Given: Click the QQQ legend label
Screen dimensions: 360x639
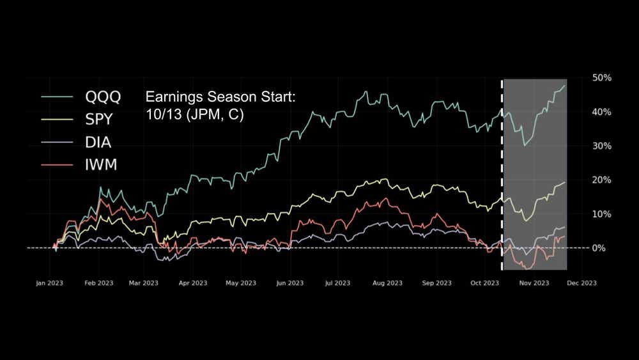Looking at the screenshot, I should pos(103,97).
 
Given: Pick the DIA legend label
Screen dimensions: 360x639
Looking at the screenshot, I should pos(98,143).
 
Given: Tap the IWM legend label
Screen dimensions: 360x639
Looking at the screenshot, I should pos(101,166).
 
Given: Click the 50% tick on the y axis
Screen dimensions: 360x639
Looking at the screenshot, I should pos(602,77).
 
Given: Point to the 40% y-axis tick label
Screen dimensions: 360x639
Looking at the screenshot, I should pos(602,112).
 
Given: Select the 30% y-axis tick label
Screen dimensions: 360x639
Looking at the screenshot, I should pos(602,146).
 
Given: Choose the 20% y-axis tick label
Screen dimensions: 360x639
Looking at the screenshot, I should pos(602,180).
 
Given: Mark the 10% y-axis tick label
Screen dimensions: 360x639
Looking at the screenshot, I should pos(602,214).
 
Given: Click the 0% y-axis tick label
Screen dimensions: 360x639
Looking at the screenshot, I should pos(599,247).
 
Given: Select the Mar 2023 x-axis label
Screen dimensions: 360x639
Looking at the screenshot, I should pos(143,283).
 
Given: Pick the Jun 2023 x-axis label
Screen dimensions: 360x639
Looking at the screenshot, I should pos(290,283).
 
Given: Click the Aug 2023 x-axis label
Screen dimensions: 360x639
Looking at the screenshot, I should pos(387,283).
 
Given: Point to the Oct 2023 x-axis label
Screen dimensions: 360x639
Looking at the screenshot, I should pos(484,283).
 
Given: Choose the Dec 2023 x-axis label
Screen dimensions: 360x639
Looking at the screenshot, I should pos(581,283).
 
